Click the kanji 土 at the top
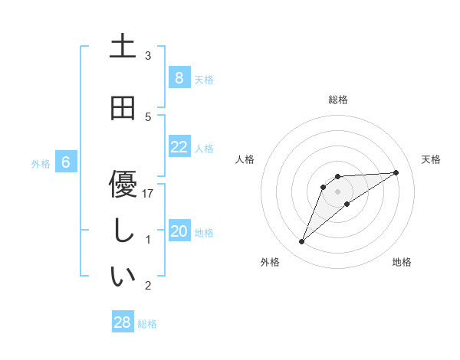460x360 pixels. [123, 47]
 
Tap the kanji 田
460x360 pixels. [123, 108]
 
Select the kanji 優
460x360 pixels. [123, 184]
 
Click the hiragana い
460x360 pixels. [123, 277]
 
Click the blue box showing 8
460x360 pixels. [179, 78]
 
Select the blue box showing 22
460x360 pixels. [179, 147]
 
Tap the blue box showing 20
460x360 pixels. [179, 231]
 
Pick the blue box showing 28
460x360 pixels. [122, 322]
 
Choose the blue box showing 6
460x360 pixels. [66, 162]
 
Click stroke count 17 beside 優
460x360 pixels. [148, 194]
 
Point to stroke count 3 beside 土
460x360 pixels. [148, 56]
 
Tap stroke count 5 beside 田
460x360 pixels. [148, 117]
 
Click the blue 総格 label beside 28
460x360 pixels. [147, 324]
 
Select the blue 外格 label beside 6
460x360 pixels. [41, 163]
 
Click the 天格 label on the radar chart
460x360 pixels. [432, 159]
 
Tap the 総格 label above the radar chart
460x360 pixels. [337, 100]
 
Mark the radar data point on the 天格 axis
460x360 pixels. [396, 172]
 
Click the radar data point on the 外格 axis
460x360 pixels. [301, 242]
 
